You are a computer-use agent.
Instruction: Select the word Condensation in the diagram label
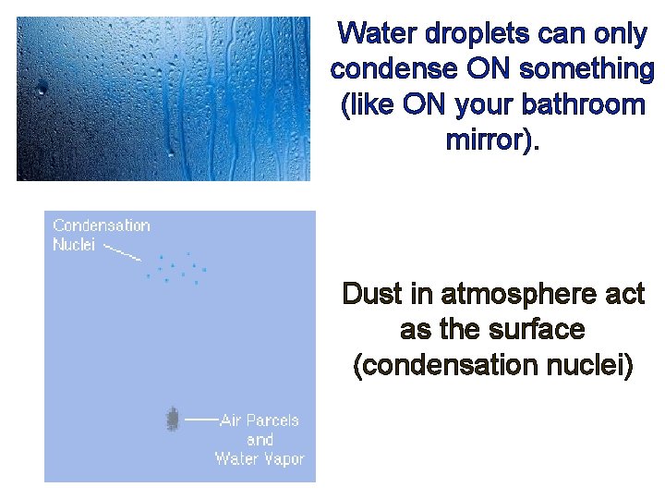click(x=102, y=225)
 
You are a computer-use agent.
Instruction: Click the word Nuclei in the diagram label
click(x=74, y=245)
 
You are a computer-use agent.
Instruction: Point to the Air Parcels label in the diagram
click(x=260, y=420)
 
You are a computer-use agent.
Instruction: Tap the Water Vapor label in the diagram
click(x=260, y=459)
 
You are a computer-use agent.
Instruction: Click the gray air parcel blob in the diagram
click(x=172, y=420)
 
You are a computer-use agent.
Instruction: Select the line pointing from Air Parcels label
click(x=200, y=420)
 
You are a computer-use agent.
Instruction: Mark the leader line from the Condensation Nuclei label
click(x=121, y=251)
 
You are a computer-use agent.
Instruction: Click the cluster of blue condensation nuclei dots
click(x=178, y=268)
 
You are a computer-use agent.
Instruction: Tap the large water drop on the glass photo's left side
click(x=42, y=89)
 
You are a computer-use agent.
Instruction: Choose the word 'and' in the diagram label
click(x=260, y=440)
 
